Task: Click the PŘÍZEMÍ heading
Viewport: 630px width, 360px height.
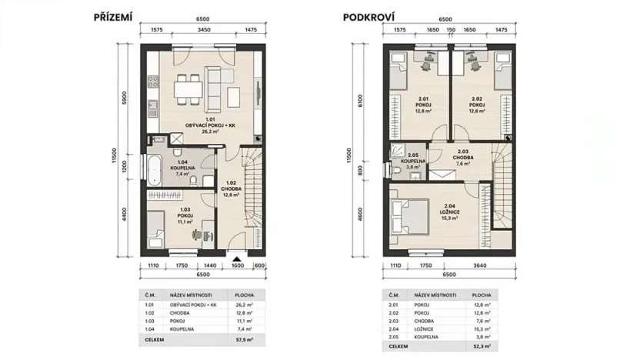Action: click(x=113, y=16)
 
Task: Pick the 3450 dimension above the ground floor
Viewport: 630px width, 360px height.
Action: click(x=205, y=28)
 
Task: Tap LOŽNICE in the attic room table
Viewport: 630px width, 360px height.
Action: click(x=425, y=328)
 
